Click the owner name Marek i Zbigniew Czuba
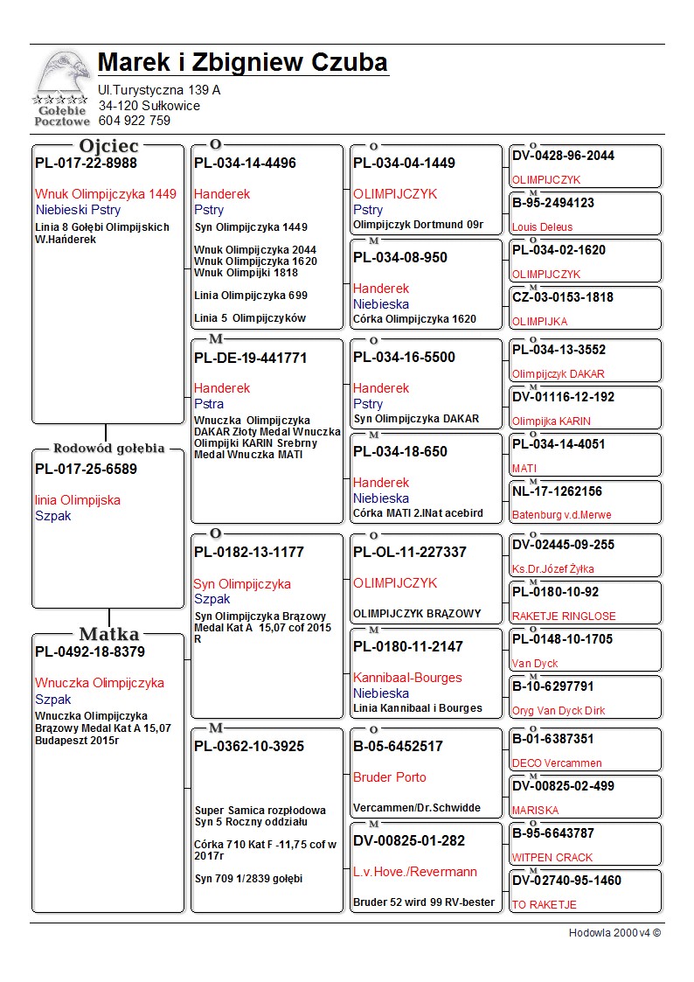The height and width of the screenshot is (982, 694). pos(243,63)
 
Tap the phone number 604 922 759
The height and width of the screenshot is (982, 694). pos(135,121)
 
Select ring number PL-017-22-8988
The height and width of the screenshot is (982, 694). pos(86,163)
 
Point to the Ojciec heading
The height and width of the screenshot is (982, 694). pos(108,145)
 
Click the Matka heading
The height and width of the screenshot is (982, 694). pos(108,634)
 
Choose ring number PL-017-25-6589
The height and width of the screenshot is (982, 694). pos(86,469)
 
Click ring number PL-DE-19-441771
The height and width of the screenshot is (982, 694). pos(251,358)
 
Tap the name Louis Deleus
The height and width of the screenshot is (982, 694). pos(542,227)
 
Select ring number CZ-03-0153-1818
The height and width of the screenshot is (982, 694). pos(563,297)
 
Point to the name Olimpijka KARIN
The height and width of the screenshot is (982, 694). pos(551,421)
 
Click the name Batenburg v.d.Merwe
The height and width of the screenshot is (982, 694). pos(561,516)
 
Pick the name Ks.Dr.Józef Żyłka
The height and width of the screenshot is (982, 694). pos(552,569)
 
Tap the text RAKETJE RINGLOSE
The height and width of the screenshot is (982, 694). pos(563,616)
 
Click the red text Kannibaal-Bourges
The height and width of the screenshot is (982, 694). pos(407,678)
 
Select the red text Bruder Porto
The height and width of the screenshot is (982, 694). pos(390,777)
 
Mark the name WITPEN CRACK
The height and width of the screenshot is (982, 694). pos(552,858)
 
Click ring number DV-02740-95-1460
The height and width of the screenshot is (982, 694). pos(566,881)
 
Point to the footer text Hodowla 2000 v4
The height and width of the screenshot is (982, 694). pos(614,933)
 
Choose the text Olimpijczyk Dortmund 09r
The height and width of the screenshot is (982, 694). pos(418,225)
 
